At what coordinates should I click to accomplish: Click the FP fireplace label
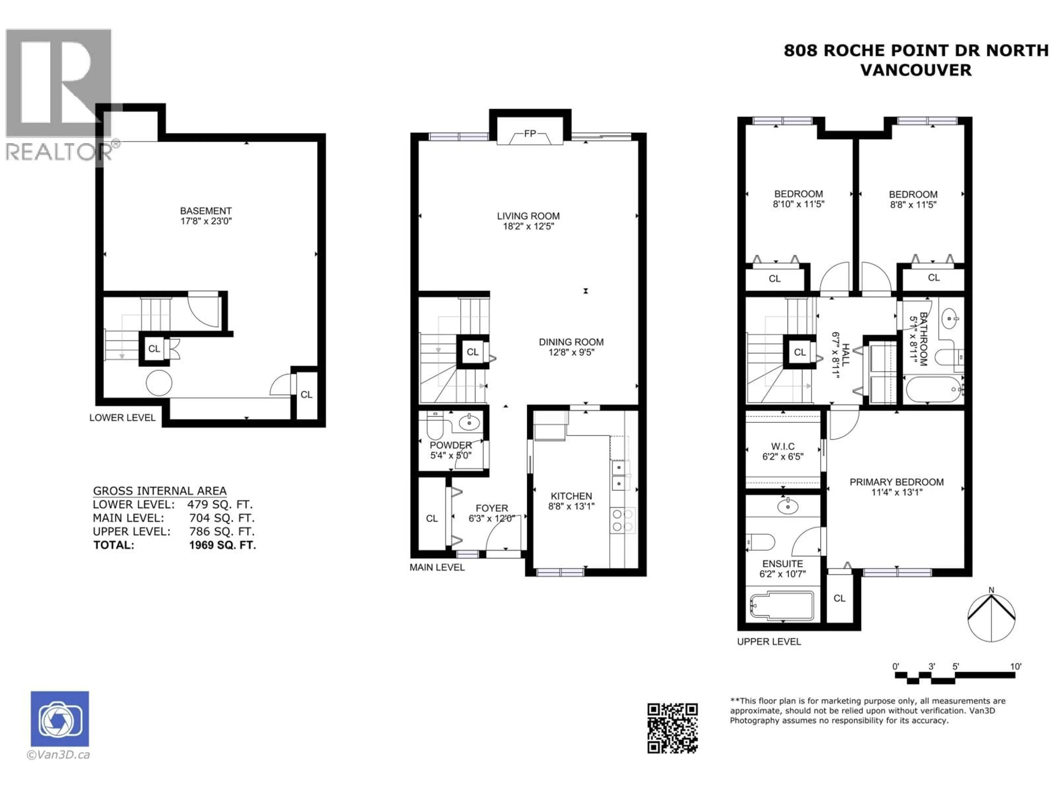pyautogui.click(x=530, y=134)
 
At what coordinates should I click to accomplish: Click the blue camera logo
pyautogui.click(x=60, y=718)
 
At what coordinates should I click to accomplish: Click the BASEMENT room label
pyautogui.click(x=206, y=211)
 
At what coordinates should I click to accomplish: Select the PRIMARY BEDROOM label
pyautogui.click(x=897, y=482)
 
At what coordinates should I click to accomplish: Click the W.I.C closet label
pyautogui.click(x=783, y=446)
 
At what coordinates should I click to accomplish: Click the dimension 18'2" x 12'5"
pyautogui.click(x=528, y=227)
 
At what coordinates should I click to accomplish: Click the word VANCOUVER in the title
pyautogui.click(x=916, y=70)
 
